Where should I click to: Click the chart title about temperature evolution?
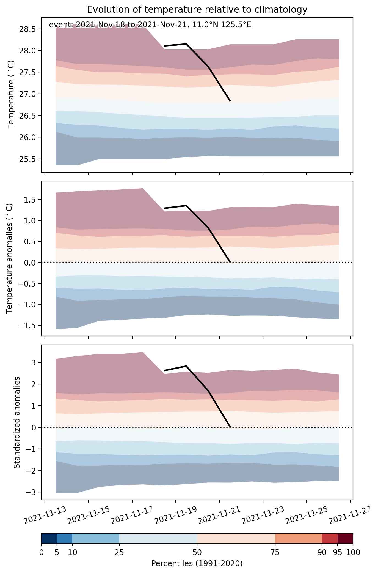click(x=197, y=10)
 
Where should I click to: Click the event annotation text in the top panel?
click(x=150, y=25)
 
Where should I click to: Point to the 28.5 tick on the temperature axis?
click(x=29, y=29)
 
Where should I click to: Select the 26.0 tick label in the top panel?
click(x=29, y=137)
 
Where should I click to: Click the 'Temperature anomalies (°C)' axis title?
click(x=10, y=258)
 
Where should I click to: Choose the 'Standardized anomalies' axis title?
click(x=17, y=422)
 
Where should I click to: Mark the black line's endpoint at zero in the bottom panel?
click(x=230, y=427)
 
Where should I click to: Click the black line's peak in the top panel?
click(x=186, y=44)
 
